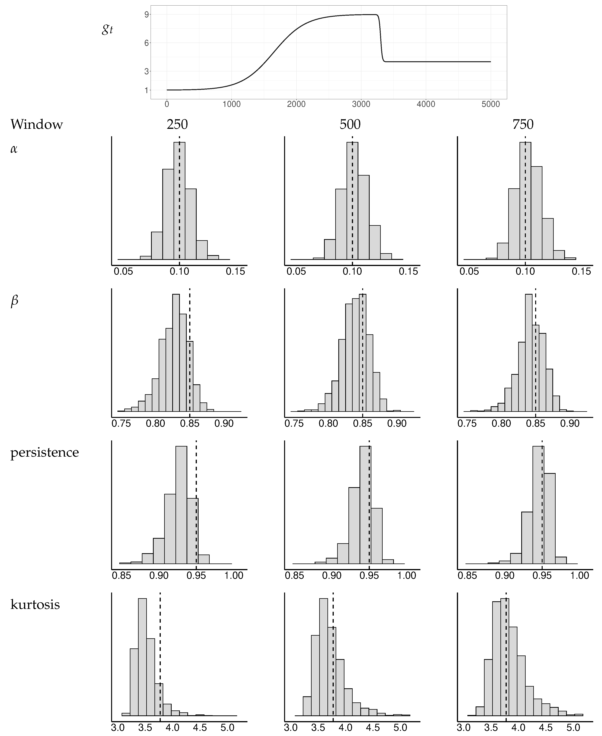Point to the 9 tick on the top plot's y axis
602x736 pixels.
point(146,15)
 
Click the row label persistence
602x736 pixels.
point(44,452)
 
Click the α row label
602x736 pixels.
point(14,149)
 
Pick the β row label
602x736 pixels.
point(14,301)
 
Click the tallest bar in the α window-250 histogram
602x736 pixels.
point(179,201)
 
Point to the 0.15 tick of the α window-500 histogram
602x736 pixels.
point(408,271)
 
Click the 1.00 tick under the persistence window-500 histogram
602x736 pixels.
point(406,576)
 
